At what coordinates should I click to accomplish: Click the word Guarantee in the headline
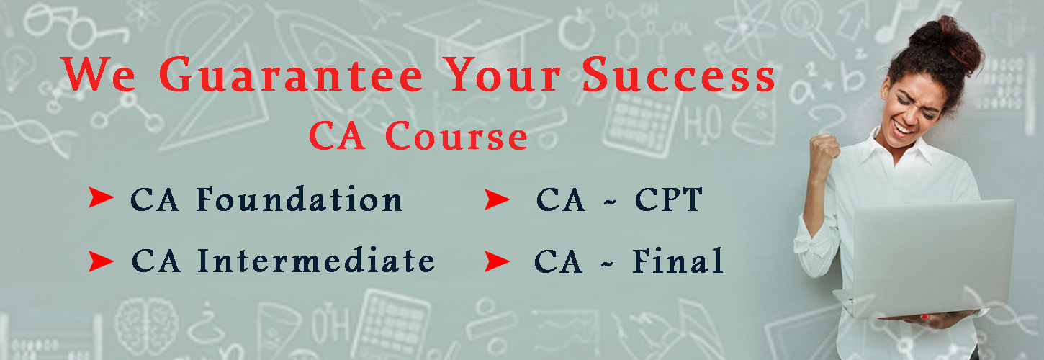coord(291,75)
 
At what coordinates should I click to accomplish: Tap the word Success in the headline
coord(678,75)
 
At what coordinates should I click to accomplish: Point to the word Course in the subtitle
coord(456,135)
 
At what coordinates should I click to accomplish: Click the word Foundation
coord(300,199)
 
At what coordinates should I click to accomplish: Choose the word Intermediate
coord(316,260)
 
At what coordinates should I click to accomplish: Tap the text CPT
coord(668,199)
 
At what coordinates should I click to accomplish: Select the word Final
coord(678,260)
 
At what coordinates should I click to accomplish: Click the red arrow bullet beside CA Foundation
coord(101,197)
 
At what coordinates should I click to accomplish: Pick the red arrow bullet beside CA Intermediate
coord(101,261)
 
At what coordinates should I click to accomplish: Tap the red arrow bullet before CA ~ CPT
coord(497,199)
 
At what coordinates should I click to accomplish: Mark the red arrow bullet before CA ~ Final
coord(497,261)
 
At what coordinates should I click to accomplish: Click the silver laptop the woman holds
coord(927,258)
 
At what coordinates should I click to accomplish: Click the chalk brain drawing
coord(146,325)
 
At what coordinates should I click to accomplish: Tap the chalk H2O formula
coord(703,124)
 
